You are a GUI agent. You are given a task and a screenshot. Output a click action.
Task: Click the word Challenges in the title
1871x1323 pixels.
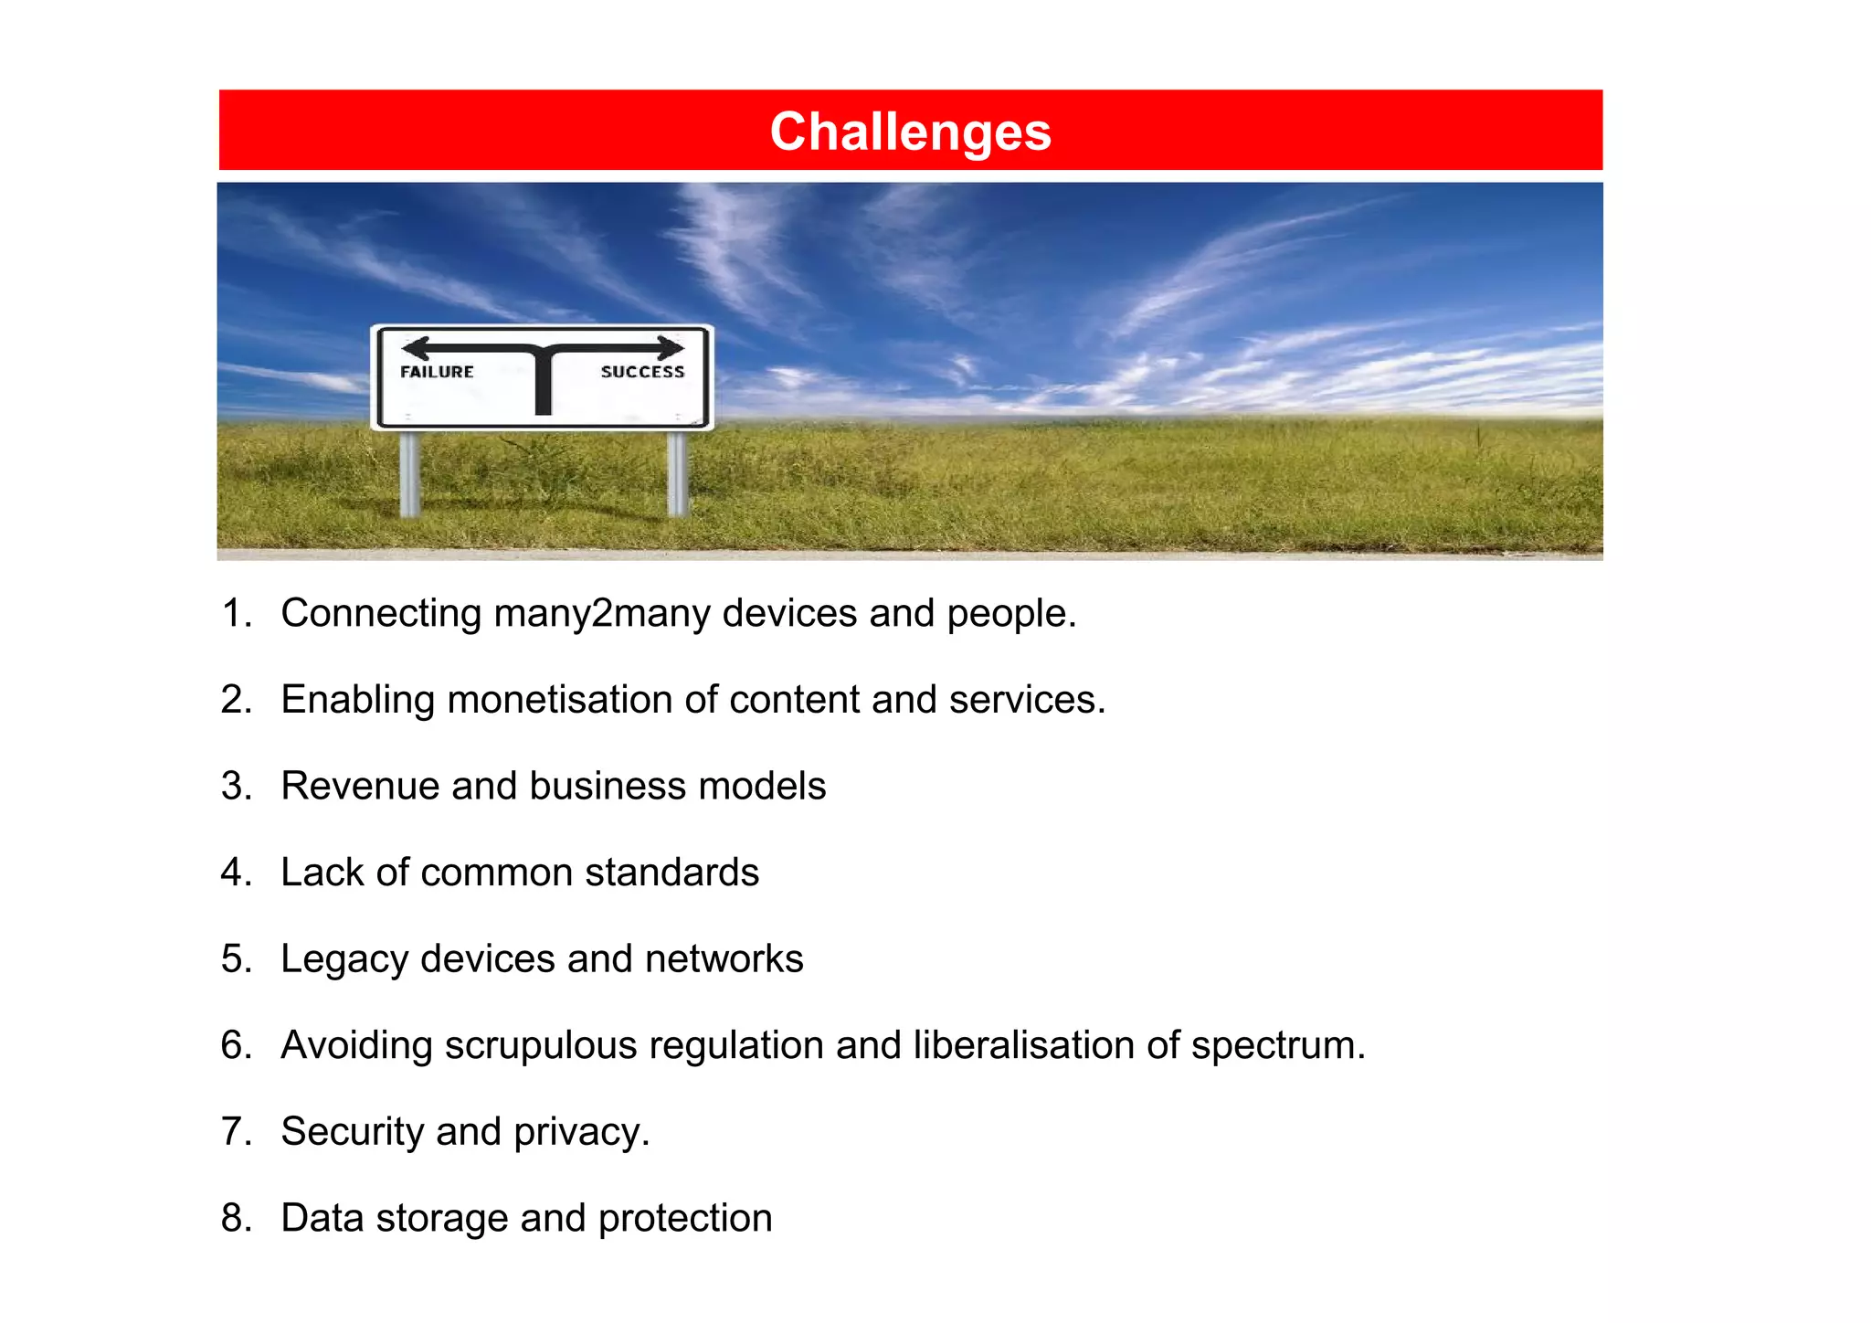tap(910, 132)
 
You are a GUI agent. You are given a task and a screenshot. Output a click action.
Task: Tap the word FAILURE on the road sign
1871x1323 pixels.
tap(437, 372)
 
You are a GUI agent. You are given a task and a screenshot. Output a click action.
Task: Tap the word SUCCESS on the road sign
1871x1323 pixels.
tap(642, 372)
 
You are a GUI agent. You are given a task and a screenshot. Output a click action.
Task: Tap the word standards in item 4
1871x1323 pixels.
tap(671, 873)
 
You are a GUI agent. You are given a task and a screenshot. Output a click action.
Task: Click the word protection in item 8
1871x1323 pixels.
tap(685, 1219)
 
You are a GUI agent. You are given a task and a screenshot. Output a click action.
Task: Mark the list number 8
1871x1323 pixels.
tap(235, 1218)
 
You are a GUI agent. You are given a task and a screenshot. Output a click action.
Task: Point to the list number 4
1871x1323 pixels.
tap(235, 873)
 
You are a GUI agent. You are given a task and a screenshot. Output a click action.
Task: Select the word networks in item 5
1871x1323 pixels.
tap(724, 959)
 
